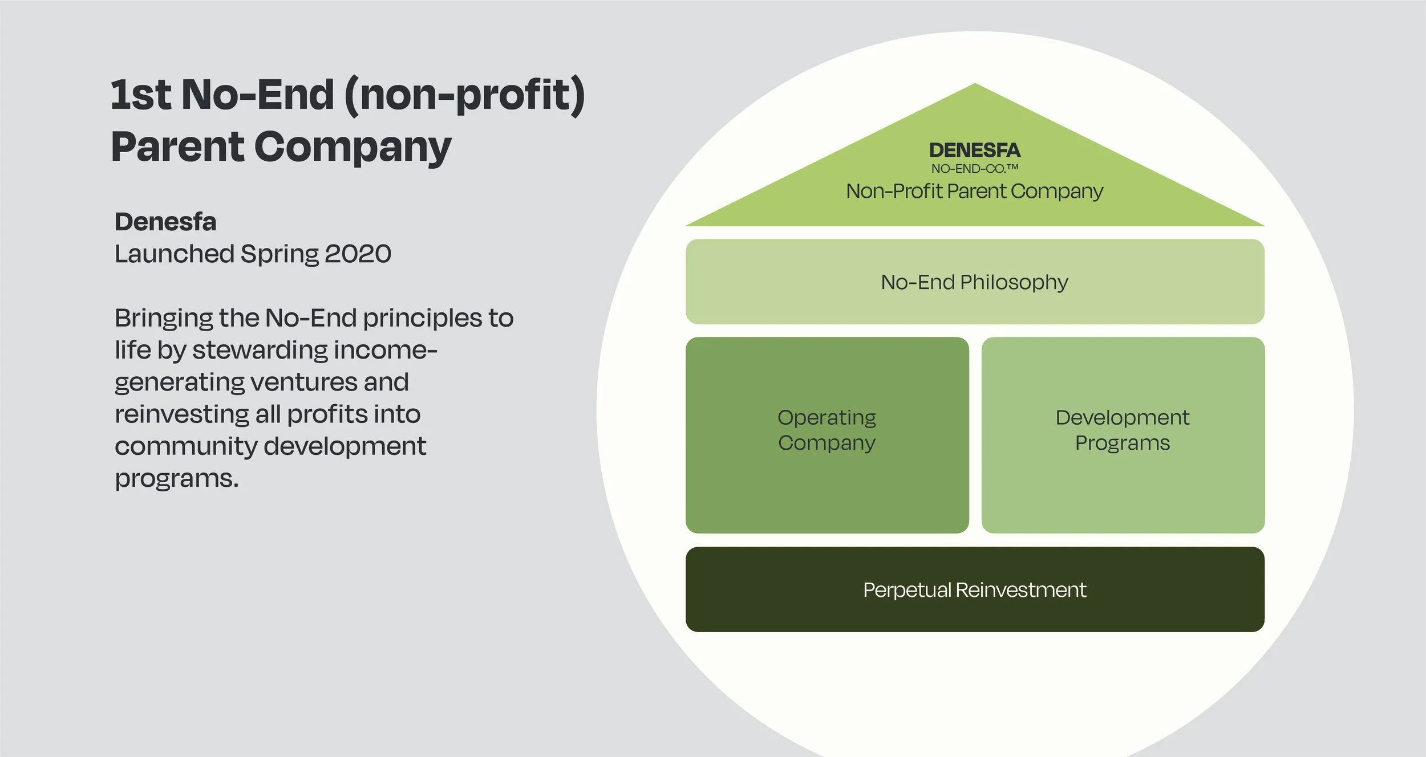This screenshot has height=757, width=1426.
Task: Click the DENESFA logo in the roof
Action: click(974, 150)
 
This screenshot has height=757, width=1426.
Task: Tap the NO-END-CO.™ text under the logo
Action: click(974, 169)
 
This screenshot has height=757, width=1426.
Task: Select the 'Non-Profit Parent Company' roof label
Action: click(974, 191)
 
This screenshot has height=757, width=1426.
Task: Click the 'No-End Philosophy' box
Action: click(974, 282)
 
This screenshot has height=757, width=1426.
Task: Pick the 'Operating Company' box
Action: click(827, 434)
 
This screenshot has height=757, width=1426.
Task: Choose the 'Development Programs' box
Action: click(1123, 434)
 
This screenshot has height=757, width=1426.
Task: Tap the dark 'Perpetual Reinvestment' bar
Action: click(974, 589)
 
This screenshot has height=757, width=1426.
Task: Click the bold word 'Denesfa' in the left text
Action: click(165, 222)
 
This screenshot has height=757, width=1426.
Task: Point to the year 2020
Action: click(358, 254)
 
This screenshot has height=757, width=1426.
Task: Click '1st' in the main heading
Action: click(140, 95)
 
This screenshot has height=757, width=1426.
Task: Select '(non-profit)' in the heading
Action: click(464, 95)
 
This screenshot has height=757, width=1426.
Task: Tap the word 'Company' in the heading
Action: click(353, 147)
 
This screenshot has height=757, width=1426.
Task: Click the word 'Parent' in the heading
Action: click(177, 147)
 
